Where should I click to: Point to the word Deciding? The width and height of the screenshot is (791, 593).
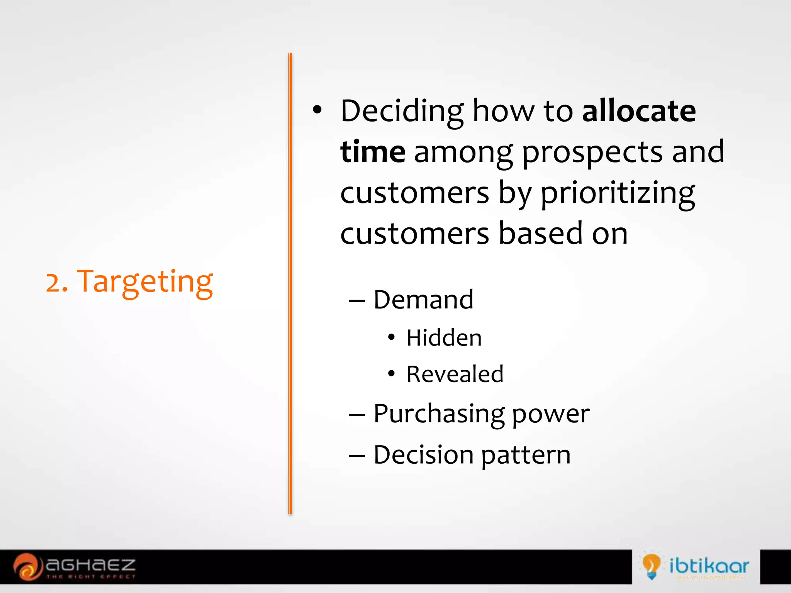[x=402, y=111]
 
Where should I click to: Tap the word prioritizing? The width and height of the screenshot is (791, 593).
[x=617, y=193]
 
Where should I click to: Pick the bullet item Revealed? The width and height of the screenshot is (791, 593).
[x=455, y=374]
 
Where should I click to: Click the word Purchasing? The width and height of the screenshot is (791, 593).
[x=438, y=414]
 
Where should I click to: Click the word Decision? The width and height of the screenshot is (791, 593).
[x=423, y=454]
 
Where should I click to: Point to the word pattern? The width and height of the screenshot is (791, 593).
[x=526, y=455]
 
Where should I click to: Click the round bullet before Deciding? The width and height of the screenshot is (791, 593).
[x=317, y=110]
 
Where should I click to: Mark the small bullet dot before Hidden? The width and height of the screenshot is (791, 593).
[x=391, y=337]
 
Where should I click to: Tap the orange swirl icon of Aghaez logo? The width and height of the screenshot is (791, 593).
[x=27, y=566]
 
